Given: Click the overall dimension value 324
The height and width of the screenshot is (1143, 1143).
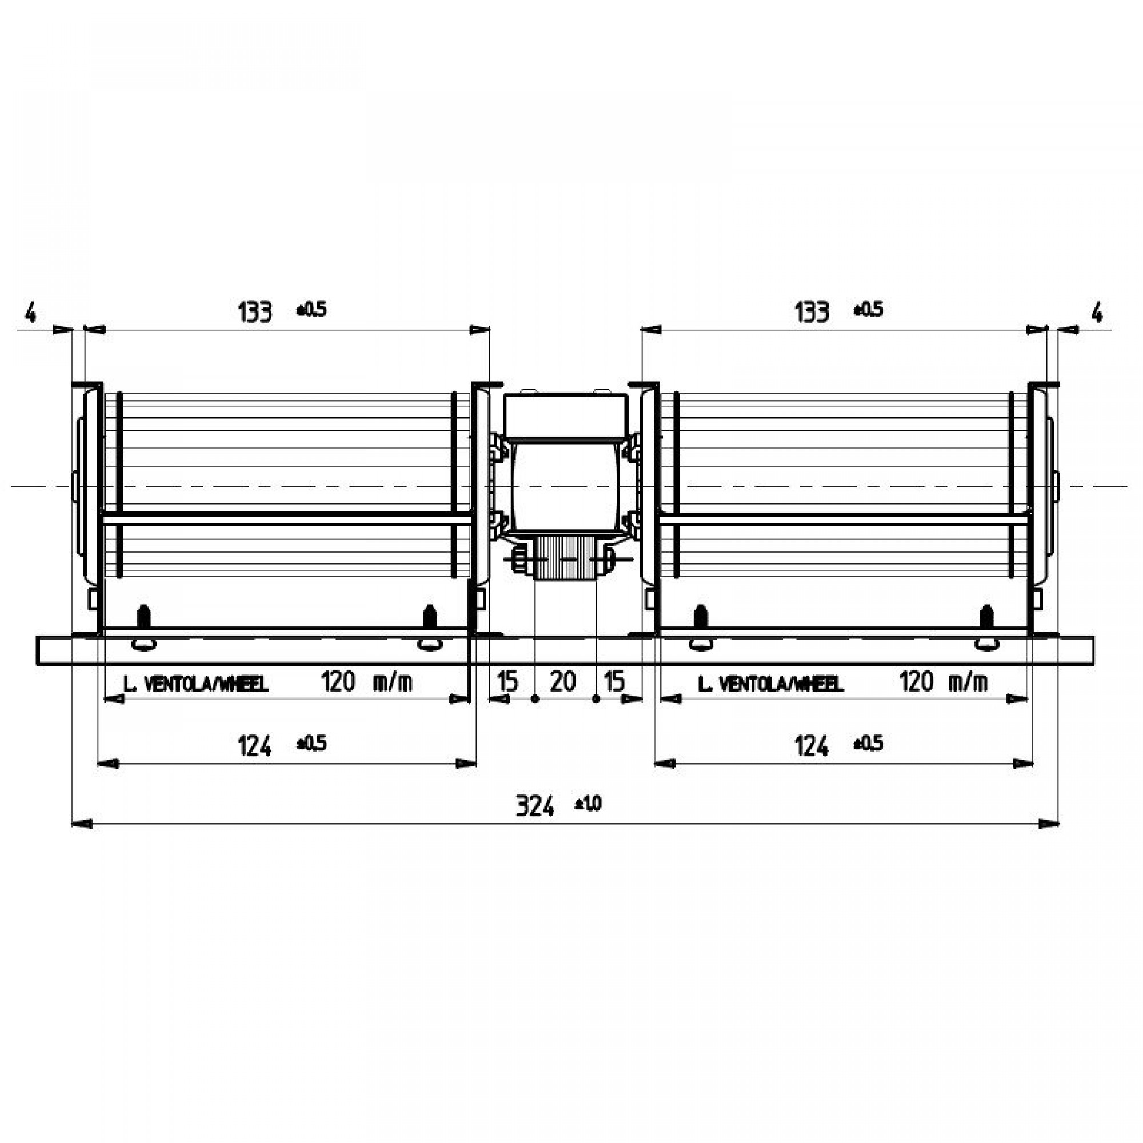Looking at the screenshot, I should point(535,806).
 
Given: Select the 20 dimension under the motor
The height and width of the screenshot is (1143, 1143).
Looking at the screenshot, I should point(562,682).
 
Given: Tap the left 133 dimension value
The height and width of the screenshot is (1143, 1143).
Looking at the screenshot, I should point(255,312).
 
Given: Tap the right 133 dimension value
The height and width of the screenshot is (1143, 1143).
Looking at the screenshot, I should point(812,312).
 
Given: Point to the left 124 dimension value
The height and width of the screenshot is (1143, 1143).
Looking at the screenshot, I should point(255,746).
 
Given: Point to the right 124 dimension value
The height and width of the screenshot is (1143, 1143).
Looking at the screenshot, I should point(812,746).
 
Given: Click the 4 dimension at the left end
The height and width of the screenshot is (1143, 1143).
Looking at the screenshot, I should point(30,313).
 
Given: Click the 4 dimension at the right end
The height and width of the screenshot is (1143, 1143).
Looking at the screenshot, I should point(1096,313).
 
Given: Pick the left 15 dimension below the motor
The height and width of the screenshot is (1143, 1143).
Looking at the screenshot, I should point(507,682).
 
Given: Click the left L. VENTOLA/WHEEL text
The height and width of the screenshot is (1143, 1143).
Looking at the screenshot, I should point(196,685).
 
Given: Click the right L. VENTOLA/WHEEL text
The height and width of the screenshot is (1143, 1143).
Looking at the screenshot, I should point(770,685).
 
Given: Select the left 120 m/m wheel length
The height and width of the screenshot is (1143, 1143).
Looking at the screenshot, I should point(366,683).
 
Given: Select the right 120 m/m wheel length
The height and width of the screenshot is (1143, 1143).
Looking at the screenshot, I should point(943,683).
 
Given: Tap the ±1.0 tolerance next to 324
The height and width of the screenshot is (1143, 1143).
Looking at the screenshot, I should point(588,804).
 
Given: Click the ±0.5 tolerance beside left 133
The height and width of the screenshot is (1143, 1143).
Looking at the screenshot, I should point(312,310).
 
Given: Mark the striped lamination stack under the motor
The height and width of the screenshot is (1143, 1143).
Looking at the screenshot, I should point(566,558).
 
